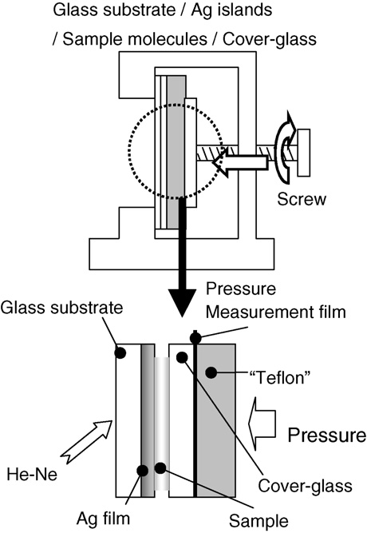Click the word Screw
tap(301, 199)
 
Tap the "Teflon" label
tap(280, 377)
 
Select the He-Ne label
tap(32, 474)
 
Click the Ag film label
tap(103, 519)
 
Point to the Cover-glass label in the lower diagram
tap(305, 485)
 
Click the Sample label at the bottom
tap(258, 520)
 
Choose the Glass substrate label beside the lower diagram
tap(61, 308)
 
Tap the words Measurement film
tap(276, 312)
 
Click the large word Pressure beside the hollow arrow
tap(327, 435)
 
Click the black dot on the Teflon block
tap(211, 372)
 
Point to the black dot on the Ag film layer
tap(142, 471)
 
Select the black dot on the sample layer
tap(160, 468)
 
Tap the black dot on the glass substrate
tap(120, 353)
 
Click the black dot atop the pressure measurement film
tap(195, 338)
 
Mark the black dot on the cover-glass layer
tap(182, 357)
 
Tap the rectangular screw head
tap(303, 153)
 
